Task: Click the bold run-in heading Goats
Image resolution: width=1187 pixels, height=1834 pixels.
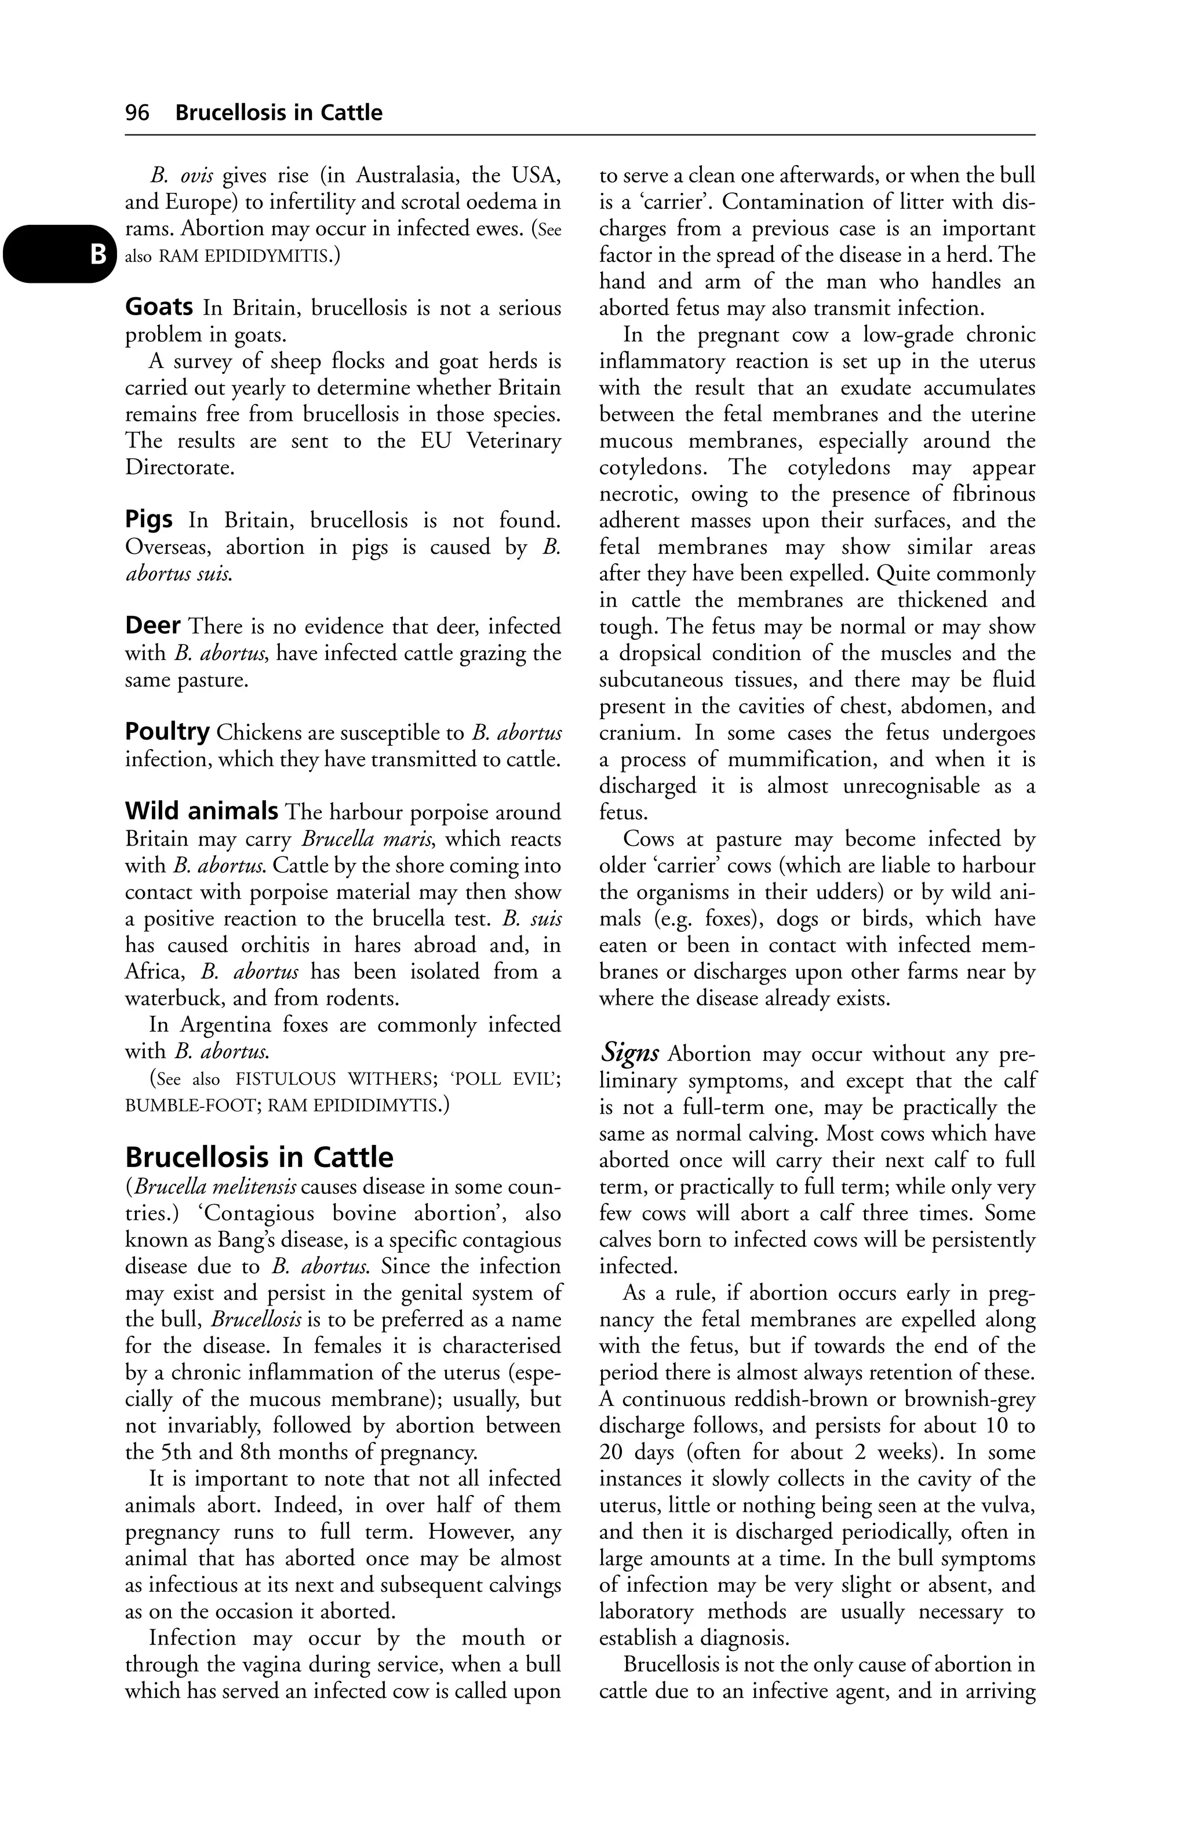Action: (159, 308)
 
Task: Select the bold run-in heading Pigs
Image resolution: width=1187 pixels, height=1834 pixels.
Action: (149, 520)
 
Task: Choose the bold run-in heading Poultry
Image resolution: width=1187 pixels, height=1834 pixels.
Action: (168, 732)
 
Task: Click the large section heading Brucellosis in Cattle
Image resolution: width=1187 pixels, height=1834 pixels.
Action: (259, 1157)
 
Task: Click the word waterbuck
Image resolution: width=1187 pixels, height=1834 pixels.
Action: (173, 998)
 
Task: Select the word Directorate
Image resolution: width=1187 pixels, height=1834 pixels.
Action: (180, 468)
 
